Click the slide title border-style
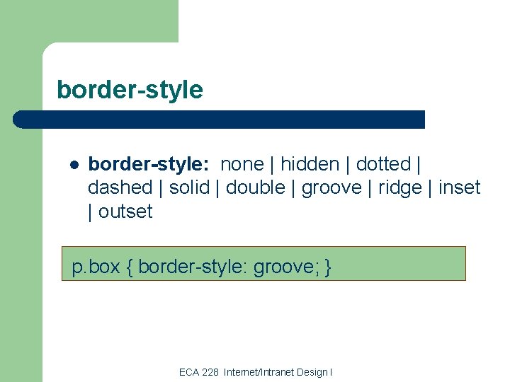pyautogui.click(x=130, y=90)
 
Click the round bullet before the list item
pyautogui.click(x=74, y=166)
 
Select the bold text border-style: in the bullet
pyautogui.click(x=148, y=164)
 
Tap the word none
pyautogui.click(x=242, y=164)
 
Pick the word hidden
pyautogui.click(x=310, y=164)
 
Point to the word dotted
pyautogui.click(x=383, y=164)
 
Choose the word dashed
pyautogui.click(x=120, y=187)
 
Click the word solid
pyautogui.click(x=189, y=187)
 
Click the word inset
pyautogui.click(x=459, y=187)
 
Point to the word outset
pyautogui.click(x=125, y=211)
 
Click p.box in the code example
pyautogui.click(x=96, y=267)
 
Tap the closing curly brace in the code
pyautogui.click(x=327, y=267)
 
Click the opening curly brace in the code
pyautogui.click(x=130, y=267)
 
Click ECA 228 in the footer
pyautogui.click(x=199, y=372)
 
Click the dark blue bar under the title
pyautogui.click(x=220, y=119)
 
